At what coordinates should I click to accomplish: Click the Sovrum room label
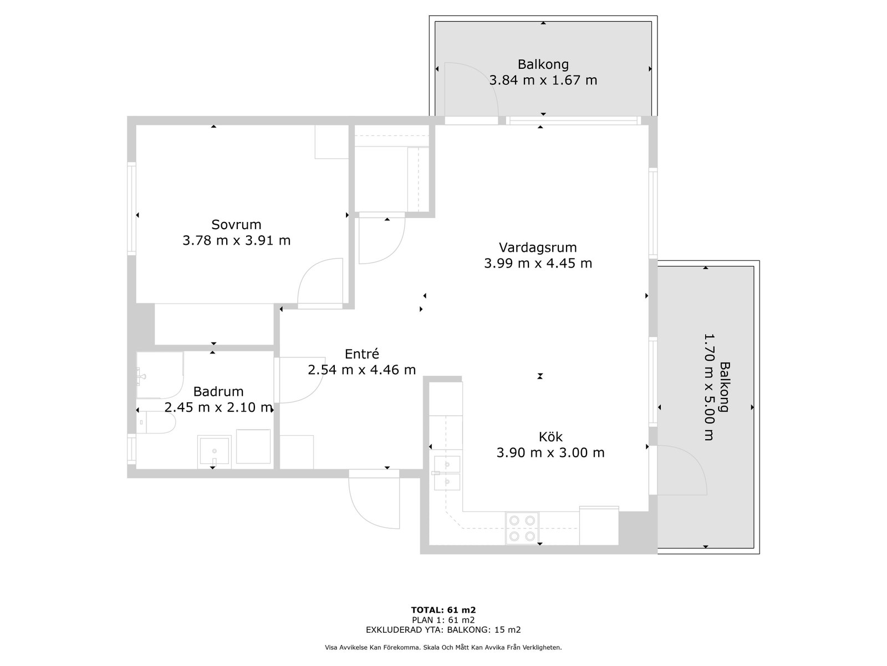pos(236,224)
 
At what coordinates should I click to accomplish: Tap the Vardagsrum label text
pos(537,248)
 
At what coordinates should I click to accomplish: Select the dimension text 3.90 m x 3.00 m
pos(550,452)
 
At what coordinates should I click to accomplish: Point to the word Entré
pos(361,354)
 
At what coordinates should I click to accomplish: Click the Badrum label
pos(218,391)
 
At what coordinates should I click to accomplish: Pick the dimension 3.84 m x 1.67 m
pos(543,80)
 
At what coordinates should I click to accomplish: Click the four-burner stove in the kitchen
pos(522,528)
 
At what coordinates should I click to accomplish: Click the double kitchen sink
pos(446,473)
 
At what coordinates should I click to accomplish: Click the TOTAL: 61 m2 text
pos(443,610)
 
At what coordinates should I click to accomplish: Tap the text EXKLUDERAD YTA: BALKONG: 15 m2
pos(443,629)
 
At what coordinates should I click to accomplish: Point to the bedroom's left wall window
pos(131,209)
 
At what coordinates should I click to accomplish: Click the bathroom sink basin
pos(214,451)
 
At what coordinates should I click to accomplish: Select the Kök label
pos(550,437)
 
